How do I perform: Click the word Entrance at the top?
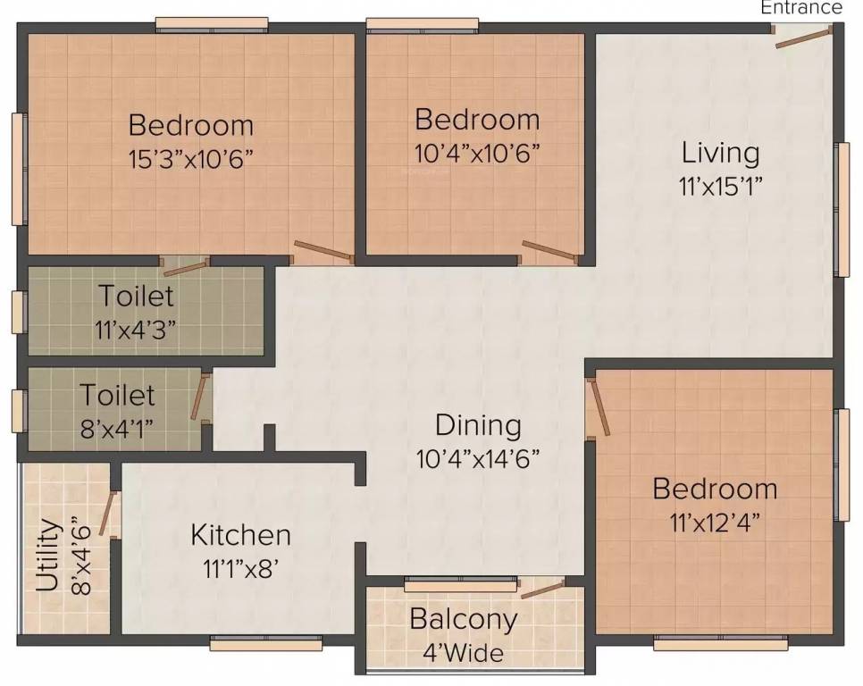click(x=800, y=8)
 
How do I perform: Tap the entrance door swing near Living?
click(x=803, y=37)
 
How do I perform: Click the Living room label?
click(x=720, y=152)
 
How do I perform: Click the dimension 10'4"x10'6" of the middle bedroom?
click(x=477, y=153)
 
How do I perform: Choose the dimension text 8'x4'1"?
click(x=117, y=428)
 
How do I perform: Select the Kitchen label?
click(x=240, y=534)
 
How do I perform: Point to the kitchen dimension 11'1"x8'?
click(x=240, y=568)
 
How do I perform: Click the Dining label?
click(x=478, y=424)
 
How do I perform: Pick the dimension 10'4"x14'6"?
click(x=478, y=458)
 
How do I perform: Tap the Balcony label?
click(x=463, y=618)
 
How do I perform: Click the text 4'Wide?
click(x=463, y=652)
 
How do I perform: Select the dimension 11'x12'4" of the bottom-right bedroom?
click(x=714, y=523)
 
